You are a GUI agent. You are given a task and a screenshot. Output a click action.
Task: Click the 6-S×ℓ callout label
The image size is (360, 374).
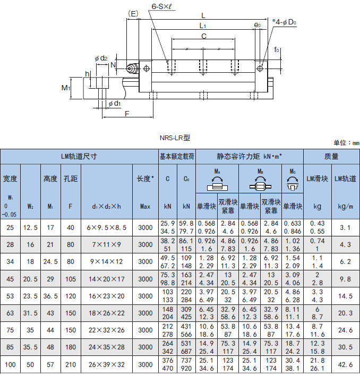(x=161, y=6)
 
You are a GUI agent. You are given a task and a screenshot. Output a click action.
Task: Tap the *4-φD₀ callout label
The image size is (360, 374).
(x=284, y=22)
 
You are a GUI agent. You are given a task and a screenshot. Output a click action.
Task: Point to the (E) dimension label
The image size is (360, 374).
(x=133, y=14)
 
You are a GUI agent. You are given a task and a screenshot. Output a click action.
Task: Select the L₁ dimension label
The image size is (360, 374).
(x=202, y=25)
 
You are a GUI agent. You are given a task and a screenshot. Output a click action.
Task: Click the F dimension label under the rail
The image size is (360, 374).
(x=127, y=114)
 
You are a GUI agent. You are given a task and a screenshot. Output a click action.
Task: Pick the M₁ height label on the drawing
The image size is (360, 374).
(x=65, y=88)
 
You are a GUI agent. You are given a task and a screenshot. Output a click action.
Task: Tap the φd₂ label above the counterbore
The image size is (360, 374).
(x=101, y=58)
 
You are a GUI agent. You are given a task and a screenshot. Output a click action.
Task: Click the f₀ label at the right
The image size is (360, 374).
(x=276, y=49)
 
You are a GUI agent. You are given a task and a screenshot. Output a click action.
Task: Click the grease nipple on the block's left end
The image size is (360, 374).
(x=132, y=69)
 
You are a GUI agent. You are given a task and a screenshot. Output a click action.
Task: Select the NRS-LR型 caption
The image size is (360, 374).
(x=175, y=138)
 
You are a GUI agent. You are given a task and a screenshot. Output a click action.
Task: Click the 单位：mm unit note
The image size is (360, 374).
(x=346, y=142)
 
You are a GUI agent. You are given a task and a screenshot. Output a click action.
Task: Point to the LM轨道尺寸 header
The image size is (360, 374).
(x=79, y=157)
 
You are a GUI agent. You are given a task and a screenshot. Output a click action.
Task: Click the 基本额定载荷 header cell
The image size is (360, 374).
(x=177, y=157)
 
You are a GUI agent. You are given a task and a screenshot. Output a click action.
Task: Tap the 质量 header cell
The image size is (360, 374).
(x=331, y=157)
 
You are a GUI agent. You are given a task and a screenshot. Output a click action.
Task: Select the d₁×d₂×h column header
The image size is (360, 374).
(x=107, y=206)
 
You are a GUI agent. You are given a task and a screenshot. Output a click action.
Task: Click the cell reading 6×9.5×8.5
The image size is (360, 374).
(x=107, y=227)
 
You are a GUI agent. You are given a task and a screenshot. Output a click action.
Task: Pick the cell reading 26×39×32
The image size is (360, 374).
(x=107, y=364)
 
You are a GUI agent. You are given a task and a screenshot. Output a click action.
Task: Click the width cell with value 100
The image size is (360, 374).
(x=10, y=364)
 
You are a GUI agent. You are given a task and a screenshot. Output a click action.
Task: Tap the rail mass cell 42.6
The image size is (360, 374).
(x=345, y=364)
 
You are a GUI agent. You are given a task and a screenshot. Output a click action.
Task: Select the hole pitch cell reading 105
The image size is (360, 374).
(x=71, y=279)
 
